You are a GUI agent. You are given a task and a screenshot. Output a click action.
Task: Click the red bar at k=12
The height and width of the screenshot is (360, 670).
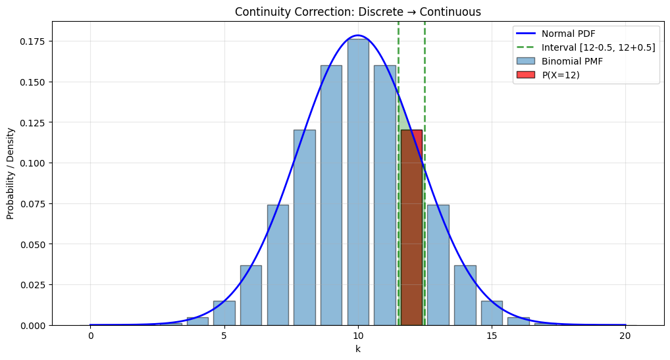pyautogui.click(x=411, y=227)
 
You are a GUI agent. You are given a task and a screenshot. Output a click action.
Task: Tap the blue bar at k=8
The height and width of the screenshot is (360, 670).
pyautogui.click(x=304, y=227)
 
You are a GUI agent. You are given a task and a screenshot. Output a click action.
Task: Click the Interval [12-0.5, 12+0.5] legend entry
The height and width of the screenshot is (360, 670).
pyautogui.click(x=598, y=47)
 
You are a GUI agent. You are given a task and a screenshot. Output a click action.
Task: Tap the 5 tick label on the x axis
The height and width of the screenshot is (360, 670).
pyautogui.click(x=224, y=336)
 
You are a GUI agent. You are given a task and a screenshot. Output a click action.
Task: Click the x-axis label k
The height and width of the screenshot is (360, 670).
pyautogui.click(x=358, y=349)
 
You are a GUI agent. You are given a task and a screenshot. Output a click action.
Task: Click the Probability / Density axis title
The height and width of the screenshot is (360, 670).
pyautogui.click(x=11, y=173)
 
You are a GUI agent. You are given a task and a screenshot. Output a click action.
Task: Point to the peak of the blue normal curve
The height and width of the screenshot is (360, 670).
pyautogui.click(x=358, y=36)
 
